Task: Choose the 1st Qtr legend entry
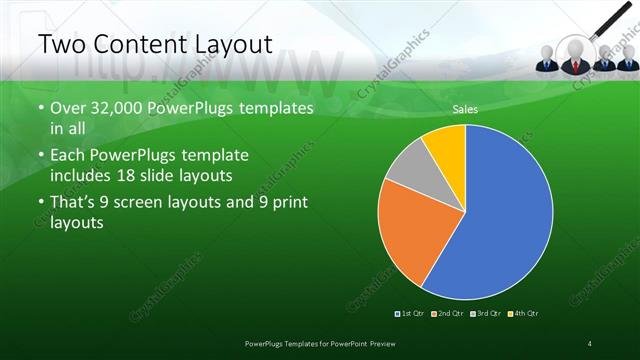(412, 313)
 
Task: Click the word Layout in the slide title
(226, 44)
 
